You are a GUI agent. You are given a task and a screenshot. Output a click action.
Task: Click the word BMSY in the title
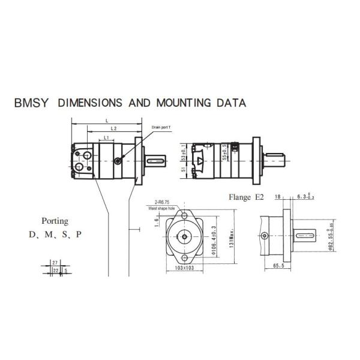coord(32,103)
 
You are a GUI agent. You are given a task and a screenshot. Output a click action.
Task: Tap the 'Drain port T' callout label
coord(161,128)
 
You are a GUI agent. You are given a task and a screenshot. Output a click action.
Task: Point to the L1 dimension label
coord(106,139)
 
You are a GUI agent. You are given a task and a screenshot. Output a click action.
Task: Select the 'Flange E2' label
coord(246,197)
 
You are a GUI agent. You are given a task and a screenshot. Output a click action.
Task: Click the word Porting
coord(55,221)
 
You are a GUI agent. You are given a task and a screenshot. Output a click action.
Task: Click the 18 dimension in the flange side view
coord(277,196)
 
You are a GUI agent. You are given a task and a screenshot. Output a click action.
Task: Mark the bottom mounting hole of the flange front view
coord(184,259)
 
